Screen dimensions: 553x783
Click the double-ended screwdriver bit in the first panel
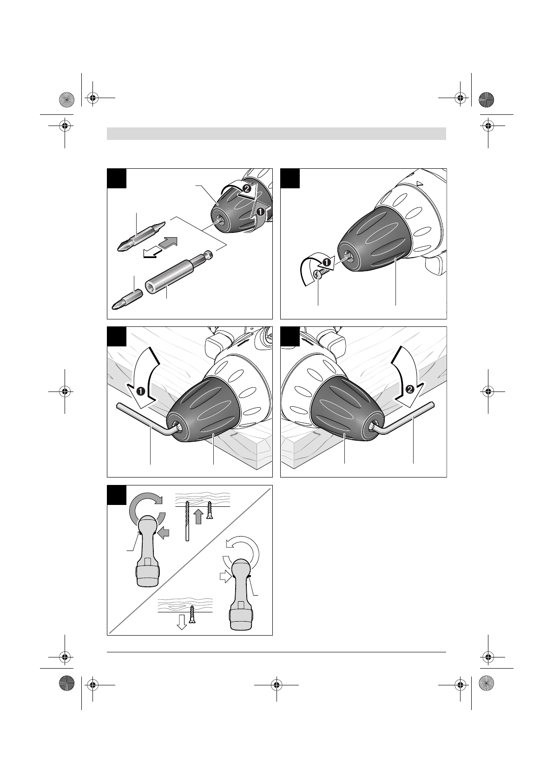140,236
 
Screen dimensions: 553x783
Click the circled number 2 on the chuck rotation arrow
246,190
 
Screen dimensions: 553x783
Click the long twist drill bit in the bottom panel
187,520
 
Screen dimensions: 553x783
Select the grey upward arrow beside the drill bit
198,516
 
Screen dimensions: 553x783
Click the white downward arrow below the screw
182,622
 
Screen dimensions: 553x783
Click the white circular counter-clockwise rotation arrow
241,549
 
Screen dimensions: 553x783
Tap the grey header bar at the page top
276,134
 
